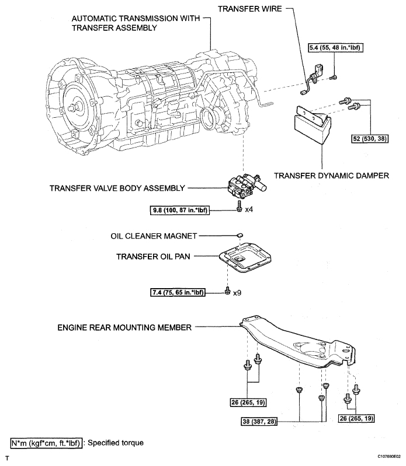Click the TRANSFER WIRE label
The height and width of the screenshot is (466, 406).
pyautogui.click(x=251, y=9)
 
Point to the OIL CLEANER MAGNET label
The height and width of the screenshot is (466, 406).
pyautogui.click(x=153, y=236)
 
